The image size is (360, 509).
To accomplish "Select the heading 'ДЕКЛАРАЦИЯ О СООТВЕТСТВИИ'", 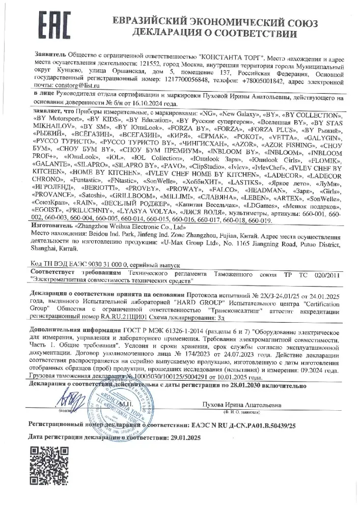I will (214, 34).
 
